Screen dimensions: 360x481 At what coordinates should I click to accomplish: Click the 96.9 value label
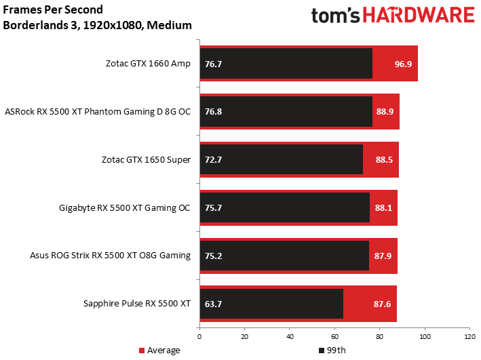point(403,64)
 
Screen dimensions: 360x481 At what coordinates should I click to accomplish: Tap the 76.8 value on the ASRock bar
point(213,112)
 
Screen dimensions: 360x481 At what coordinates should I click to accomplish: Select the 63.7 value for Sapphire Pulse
point(213,304)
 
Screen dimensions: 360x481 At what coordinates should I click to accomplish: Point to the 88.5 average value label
point(385,160)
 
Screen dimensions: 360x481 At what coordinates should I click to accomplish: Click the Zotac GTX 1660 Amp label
point(148,64)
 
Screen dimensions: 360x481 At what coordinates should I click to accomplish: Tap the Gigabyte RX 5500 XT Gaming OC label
point(125,207)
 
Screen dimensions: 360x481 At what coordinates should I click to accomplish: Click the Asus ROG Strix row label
point(110,256)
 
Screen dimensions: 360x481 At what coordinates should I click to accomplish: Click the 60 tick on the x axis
point(334,336)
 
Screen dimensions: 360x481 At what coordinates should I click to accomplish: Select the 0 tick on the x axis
point(199,336)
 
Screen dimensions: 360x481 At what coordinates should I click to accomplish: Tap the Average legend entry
point(160,351)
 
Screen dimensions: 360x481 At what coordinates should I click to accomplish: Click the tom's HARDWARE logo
point(393,16)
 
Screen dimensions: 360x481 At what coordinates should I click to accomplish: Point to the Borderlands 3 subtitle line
point(97,26)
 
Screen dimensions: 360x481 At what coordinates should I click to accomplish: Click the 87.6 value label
point(383,304)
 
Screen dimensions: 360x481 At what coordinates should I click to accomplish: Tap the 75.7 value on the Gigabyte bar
point(213,207)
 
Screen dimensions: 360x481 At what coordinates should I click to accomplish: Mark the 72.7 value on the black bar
point(213,160)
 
